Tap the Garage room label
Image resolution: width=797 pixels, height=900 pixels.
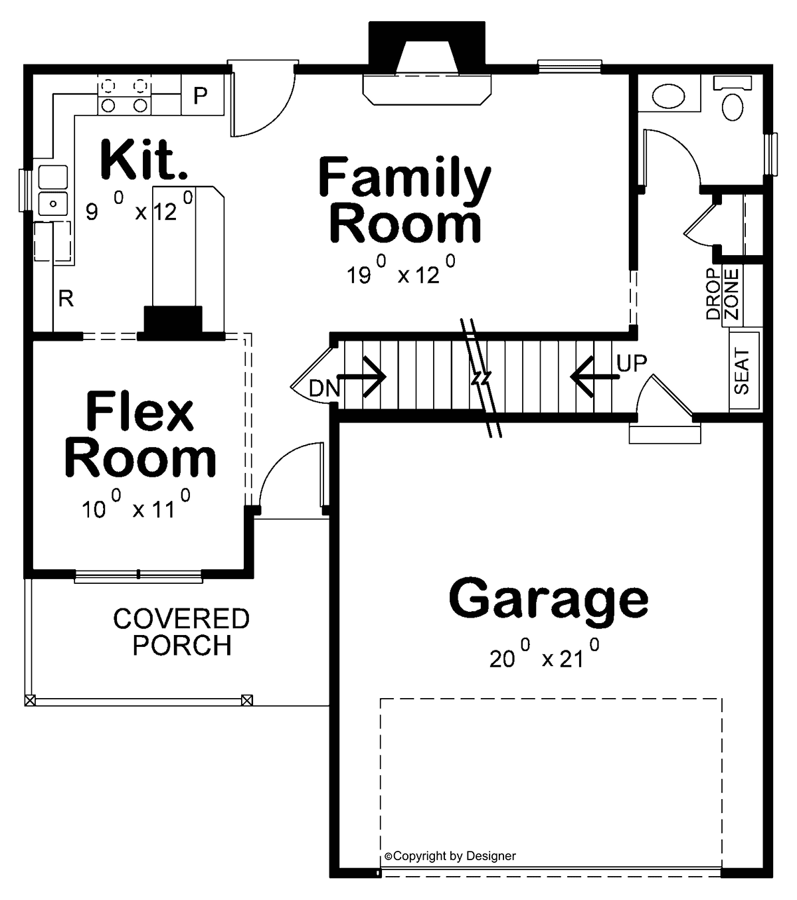pos(549,598)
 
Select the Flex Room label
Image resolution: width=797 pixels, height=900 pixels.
pos(141,435)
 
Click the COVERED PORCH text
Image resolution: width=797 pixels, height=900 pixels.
pos(181,632)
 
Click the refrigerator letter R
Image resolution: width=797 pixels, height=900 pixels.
pos(66,300)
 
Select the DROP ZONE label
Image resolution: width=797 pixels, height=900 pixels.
pos(722,294)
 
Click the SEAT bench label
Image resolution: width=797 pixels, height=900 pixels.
pos(742,372)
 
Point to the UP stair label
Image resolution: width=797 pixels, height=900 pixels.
pos(632,363)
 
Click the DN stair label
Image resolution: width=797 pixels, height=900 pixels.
pos(324,388)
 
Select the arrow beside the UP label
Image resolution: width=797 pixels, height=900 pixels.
pos(594,377)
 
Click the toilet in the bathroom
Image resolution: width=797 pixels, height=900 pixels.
pos(733,100)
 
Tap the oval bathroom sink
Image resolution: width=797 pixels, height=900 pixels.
pos(667,96)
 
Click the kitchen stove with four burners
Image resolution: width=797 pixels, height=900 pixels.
pos(124,96)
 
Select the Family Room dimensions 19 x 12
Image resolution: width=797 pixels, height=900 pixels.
pos(401,272)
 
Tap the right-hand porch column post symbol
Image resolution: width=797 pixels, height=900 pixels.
pos(247,699)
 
